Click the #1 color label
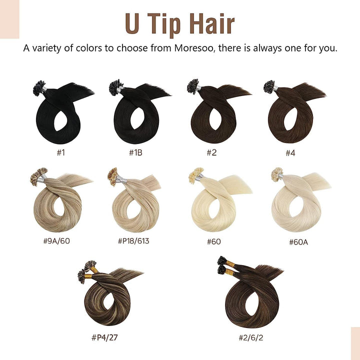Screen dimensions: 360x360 [61, 152]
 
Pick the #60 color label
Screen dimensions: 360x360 [214, 241]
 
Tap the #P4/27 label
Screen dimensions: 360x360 [105, 336]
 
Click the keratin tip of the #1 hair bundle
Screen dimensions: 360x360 [39, 88]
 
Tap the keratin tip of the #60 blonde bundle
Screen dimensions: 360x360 [194, 175]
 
